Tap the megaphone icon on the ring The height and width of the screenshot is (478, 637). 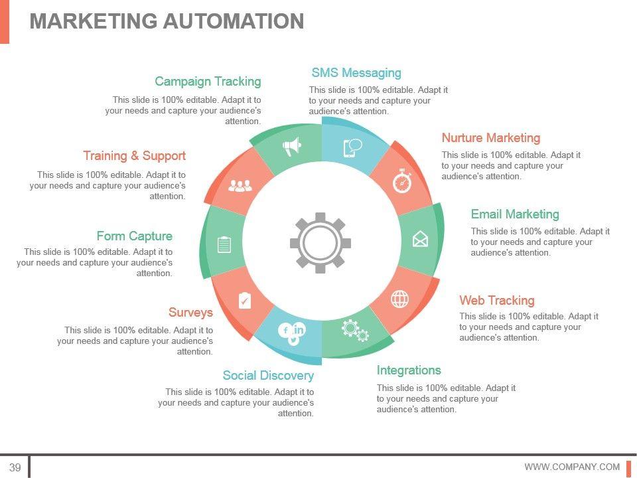click(292, 146)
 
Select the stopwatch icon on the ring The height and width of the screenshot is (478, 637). click(402, 181)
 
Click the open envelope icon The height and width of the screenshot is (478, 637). click(420, 238)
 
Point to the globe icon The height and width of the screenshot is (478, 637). click(399, 299)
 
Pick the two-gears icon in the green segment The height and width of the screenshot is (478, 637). click(355, 330)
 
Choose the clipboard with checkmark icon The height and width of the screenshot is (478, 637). click(244, 301)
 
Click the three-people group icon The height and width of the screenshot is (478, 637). click(240, 186)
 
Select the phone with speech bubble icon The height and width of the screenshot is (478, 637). click(352, 147)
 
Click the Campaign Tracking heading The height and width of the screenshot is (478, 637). click(208, 82)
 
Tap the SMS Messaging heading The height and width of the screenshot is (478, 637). click(356, 73)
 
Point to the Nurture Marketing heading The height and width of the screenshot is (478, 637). click(491, 138)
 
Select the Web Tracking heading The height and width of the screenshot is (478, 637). click(497, 301)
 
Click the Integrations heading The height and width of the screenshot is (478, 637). click(409, 370)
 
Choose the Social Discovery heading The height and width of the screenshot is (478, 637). click(268, 376)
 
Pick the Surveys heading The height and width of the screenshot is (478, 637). click(190, 313)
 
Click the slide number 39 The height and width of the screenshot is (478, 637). click(15, 467)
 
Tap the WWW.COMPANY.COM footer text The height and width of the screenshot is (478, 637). click(572, 467)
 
